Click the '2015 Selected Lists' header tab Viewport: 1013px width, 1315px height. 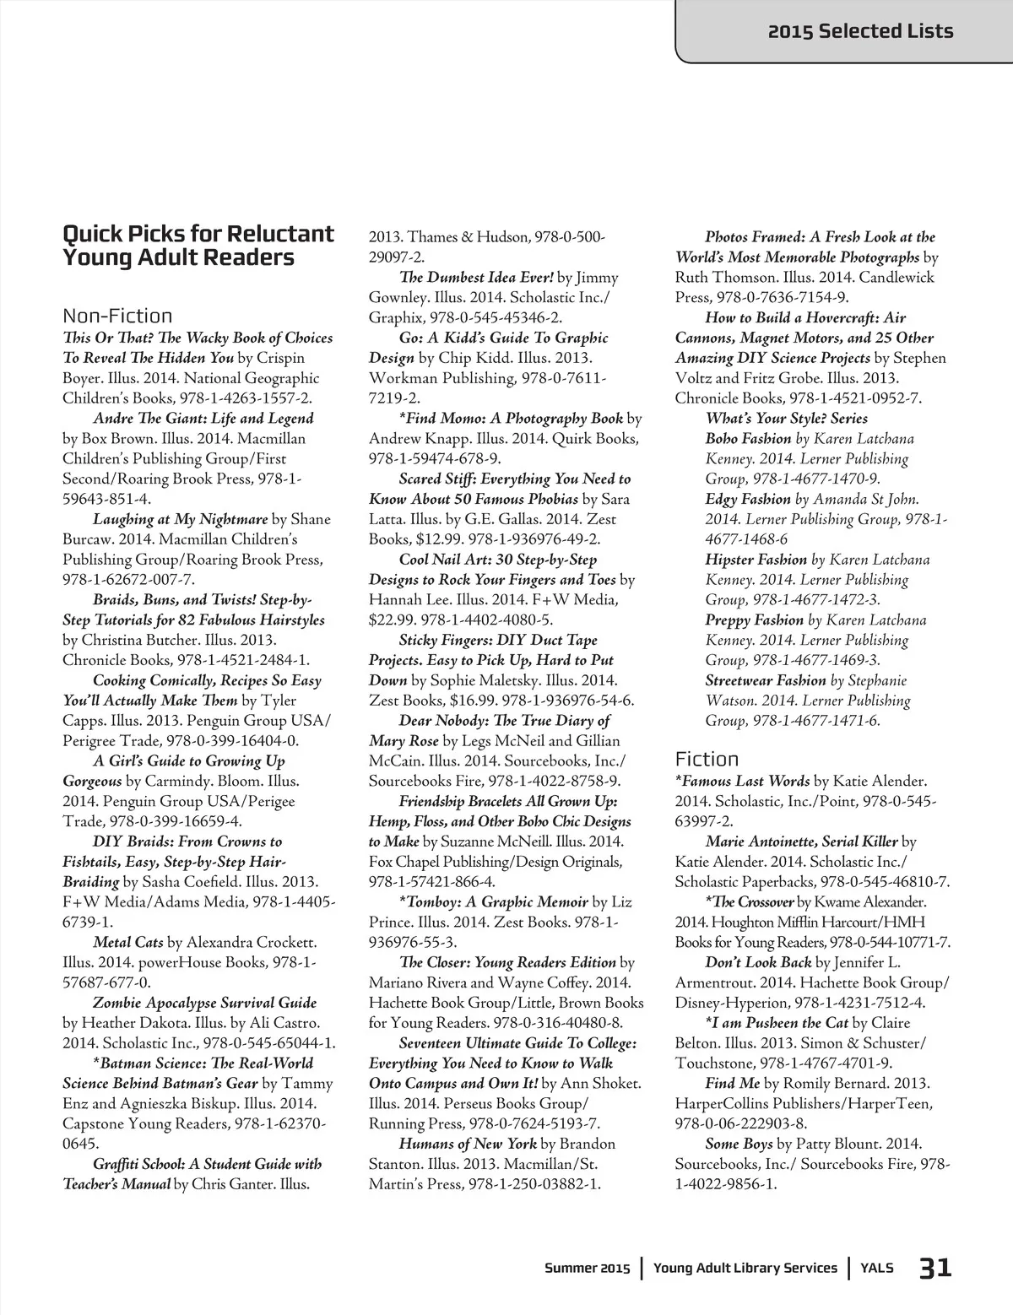859,32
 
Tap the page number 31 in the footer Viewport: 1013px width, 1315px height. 935,1268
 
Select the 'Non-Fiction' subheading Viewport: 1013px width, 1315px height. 117,316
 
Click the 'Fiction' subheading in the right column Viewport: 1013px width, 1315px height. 707,759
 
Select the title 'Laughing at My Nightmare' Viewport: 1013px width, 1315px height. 180,519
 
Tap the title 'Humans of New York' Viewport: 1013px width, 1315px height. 468,1144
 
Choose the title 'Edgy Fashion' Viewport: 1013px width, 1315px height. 748,499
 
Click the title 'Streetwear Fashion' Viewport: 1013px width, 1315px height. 766,680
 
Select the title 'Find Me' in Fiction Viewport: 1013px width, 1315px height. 732,1083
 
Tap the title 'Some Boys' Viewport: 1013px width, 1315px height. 739,1144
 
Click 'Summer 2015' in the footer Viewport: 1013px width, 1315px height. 587,1268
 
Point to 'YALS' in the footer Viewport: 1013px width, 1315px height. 877,1268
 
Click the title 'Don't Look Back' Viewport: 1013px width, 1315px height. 758,962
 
